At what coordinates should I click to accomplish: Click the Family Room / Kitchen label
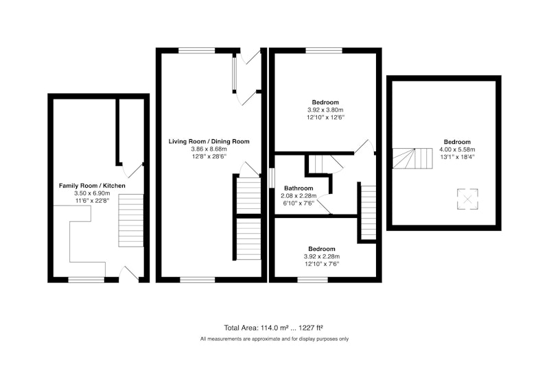pos(92,186)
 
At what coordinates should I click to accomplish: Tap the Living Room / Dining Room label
pos(209,142)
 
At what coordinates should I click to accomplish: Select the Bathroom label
pos(299,188)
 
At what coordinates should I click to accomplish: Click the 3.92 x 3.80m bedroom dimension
pos(325,110)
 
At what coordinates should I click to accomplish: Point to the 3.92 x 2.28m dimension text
pos(322,256)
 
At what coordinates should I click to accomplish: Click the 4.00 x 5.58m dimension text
pos(457,149)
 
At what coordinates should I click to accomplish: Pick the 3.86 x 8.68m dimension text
pos(209,149)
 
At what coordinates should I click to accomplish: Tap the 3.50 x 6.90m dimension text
pos(92,193)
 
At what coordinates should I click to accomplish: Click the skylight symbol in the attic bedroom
pos(467,199)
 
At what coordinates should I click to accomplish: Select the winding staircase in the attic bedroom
pos(412,158)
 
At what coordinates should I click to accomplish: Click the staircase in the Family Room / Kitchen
pos(131,221)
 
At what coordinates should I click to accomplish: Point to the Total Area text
pos(273,328)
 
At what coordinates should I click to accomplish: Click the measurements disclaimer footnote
pos(274,339)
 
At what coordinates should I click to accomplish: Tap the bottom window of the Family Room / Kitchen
pos(86,280)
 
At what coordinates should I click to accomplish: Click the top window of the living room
pos(197,51)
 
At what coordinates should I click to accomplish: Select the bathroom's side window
pos(272,178)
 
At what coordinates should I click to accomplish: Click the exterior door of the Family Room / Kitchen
pos(129,274)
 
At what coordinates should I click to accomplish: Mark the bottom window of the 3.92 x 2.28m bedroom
pos(313,280)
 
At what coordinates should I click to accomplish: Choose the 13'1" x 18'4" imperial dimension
pos(457,157)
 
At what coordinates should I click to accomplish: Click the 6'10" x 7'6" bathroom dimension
pos(299,203)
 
